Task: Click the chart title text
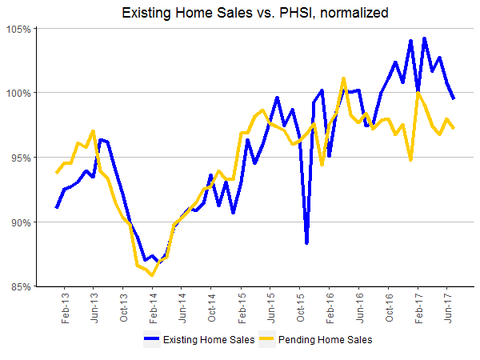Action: [x=239, y=13]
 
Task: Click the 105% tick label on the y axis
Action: [x=20, y=29]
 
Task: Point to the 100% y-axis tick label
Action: [x=20, y=93]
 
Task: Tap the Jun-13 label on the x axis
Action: [x=94, y=309]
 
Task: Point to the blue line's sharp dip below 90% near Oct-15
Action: [x=306, y=242]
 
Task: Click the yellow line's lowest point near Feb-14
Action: [x=152, y=274]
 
